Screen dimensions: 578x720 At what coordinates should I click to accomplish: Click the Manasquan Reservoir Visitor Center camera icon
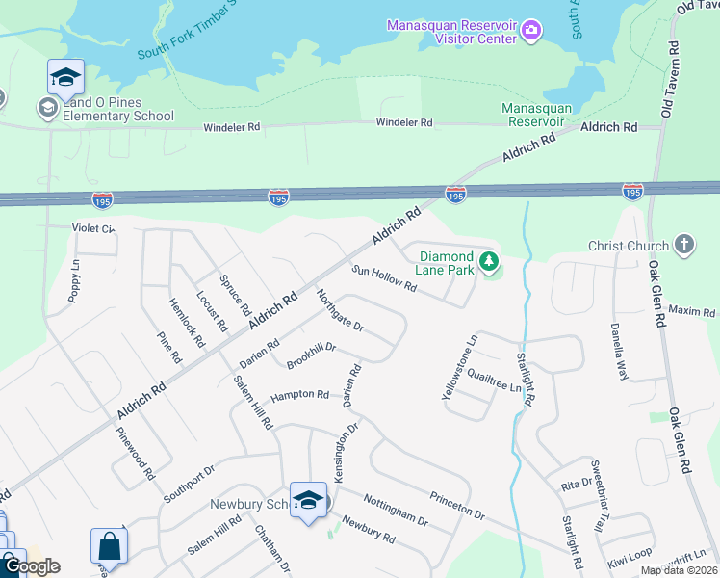pyautogui.click(x=530, y=32)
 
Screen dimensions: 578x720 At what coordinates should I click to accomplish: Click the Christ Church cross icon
pyautogui.click(x=684, y=244)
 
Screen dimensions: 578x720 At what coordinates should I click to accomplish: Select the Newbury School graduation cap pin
pyautogui.click(x=308, y=500)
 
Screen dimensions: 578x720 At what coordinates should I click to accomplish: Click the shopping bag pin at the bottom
pyautogui.click(x=109, y=546)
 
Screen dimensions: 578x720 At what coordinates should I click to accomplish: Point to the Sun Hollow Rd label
pyautogui.click(x=383, y=279)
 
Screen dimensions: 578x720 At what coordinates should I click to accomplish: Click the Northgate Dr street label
pyautogui.click(x=340, y=310)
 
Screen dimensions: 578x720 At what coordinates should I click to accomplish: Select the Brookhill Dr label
pyautogui.click(x=311, y=355)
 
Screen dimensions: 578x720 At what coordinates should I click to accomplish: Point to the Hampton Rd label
pyautogui.click(x=299, y=395)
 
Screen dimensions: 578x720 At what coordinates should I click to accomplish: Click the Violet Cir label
pyautogui.click(x=93, y=228)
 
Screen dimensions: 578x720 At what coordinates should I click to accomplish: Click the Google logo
pyautogui.click(x=31, y=566)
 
